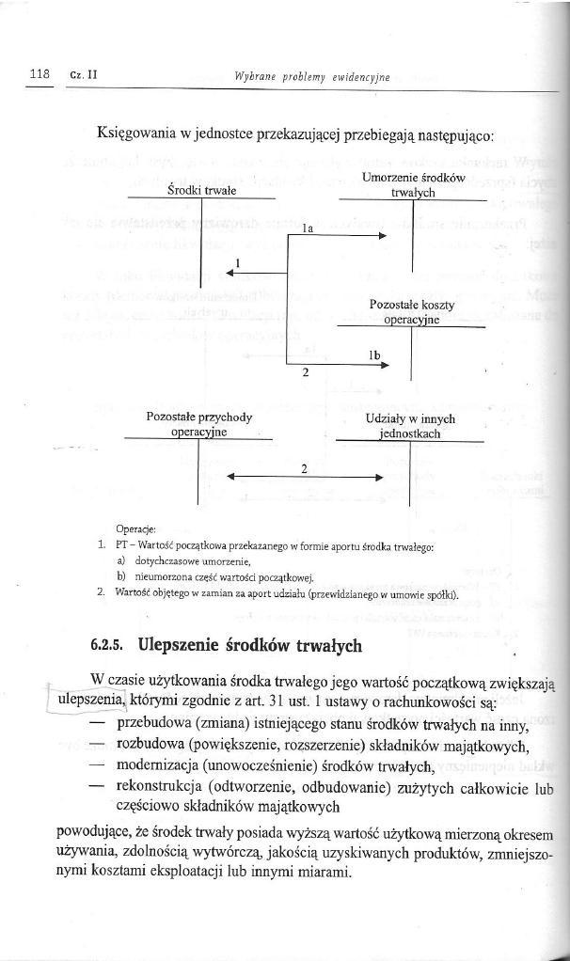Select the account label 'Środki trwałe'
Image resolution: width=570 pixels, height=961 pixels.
pyautogui.click(x=200, y=190)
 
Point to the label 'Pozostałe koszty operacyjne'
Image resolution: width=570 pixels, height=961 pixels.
pyautogui.click(x=412, y=312)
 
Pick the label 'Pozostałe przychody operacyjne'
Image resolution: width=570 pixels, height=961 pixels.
pyautogui.click(x=199, y=425)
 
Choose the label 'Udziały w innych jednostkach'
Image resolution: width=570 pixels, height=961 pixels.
pyautogui.click(x=410, y=426)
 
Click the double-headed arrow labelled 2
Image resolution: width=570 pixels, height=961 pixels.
pyautogui.click(x=303, y=478)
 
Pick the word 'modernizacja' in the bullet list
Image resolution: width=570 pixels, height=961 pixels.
pyautogui.click(x=161, y=770)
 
